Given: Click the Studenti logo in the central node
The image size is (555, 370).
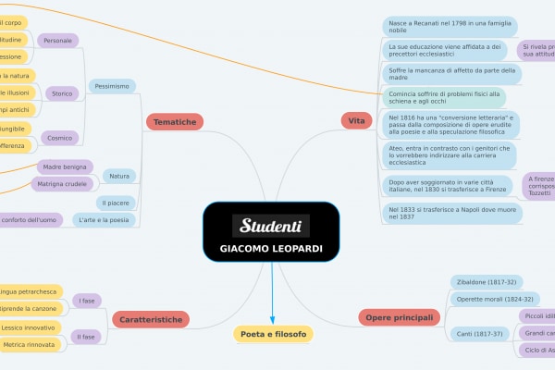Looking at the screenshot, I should [271, 226].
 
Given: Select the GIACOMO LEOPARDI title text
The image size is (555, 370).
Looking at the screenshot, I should [271, 249].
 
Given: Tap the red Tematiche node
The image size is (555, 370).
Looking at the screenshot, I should [174, 121].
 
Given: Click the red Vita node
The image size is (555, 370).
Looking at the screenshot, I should [356, 120].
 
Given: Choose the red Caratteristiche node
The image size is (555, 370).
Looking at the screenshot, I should [153, 319].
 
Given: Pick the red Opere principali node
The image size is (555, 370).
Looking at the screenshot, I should [399, 318].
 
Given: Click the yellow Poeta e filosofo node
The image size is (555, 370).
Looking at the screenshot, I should [272, 333].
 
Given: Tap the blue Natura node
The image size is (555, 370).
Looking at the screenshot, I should [119, 176].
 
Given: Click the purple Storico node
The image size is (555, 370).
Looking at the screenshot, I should [62, 93].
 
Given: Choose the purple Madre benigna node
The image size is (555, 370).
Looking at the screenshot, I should [65, 166].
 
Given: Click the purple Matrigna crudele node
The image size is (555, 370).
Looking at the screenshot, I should [62, 184].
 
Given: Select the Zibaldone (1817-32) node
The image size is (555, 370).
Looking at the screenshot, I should [487, 281].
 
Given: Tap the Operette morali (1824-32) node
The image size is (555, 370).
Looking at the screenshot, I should [496, 299].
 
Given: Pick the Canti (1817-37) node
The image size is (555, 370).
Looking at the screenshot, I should [478, 333].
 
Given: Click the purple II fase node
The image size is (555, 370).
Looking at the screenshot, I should [87, 337].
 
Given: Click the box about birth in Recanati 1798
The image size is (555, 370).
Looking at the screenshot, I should [450, 26].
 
